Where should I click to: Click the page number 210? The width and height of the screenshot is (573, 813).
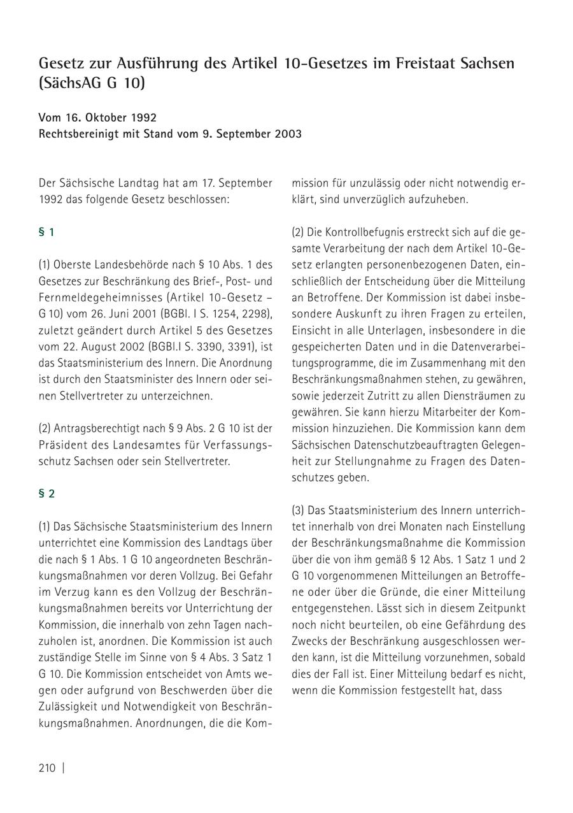[47, 768]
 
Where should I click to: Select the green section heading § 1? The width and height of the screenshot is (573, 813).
[46, 233]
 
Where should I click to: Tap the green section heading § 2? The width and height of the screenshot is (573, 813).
[46, 494]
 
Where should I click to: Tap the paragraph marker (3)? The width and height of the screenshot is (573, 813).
[299, 510]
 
